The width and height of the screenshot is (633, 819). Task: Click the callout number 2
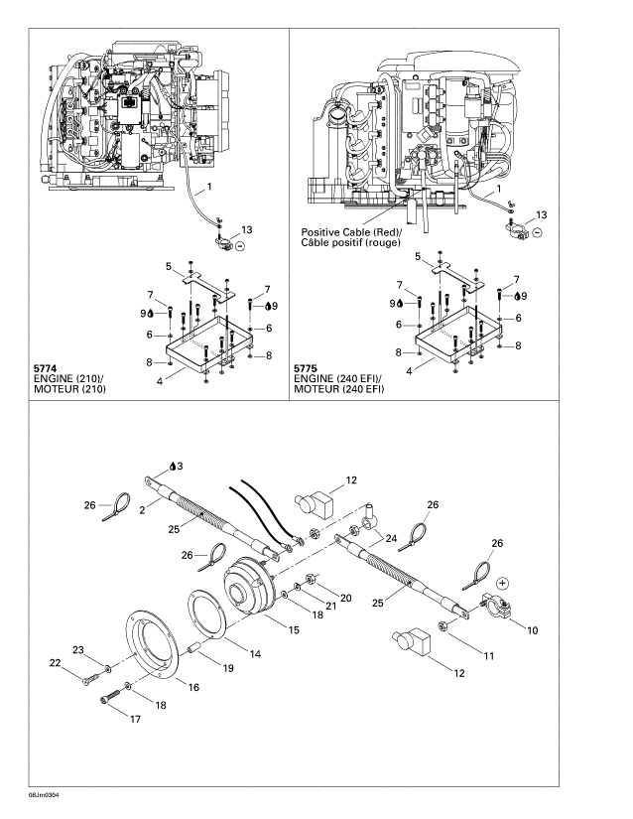[x=142, y=507]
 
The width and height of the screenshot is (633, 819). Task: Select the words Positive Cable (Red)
[x=338, y=233]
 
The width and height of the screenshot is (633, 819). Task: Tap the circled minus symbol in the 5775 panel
[x=537, y=232]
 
